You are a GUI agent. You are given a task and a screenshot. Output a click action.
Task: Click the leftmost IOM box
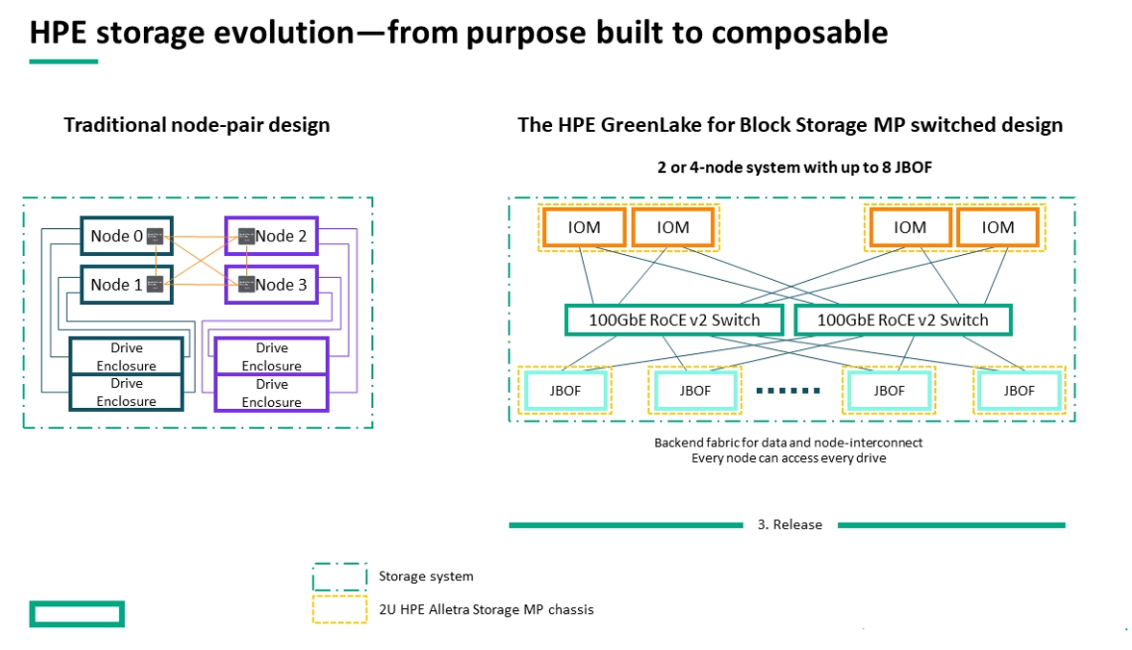tap(584, 227)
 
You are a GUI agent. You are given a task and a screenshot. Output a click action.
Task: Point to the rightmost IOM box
tap(998, 227)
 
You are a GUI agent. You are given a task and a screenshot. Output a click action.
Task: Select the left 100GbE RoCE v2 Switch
tap(675, 320)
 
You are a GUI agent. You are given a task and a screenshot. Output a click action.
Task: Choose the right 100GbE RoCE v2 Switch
tap(903, 320)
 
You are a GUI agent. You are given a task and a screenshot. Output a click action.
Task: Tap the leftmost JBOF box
tap(565, 391)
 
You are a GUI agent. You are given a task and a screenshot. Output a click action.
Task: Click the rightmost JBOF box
tap(1020, 391)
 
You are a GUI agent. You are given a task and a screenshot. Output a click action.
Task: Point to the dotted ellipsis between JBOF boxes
tap(788, 391)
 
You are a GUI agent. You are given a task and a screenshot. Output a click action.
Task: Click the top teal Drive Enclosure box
tap(126, 356)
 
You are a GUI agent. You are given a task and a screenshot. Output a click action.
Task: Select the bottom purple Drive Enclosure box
tap(271, 393)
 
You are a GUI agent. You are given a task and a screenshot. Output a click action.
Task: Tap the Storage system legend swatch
tap(340, 577)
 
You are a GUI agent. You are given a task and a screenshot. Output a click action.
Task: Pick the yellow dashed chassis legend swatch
tap(340, 609)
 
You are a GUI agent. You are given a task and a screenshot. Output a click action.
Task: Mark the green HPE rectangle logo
tap(76, 614)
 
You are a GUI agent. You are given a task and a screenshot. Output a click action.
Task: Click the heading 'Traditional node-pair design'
tap(197, 125)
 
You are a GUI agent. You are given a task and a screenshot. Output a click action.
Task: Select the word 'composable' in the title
tap(786, 33)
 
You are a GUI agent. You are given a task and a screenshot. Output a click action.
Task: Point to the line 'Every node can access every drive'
tap(788, 457)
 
